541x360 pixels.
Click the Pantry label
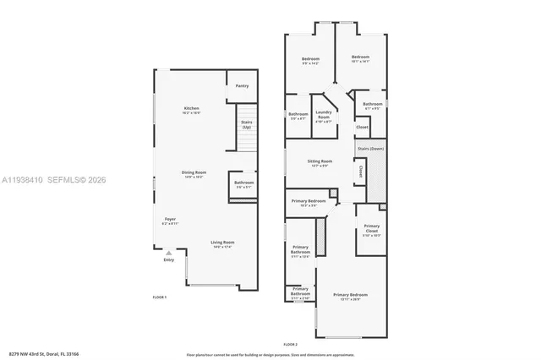pyautogui.click(x=242, y=85)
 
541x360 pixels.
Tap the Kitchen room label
pyautogui.click(x=192, y=110)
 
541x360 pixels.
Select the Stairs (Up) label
pyautogui.click(x=246, y=124)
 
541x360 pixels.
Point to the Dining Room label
pyautogui.click(x=194, y=174)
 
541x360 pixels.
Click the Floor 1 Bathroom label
pyautogui.click(x=244, y=184)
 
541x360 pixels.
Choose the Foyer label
pyautogui.click(x=171, y=221)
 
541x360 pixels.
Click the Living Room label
pyautogui.click(x=222, y=243)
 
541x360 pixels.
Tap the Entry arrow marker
pyautogui.click(x=169, y=252)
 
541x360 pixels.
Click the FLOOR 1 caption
pyautogui.click(x=160, y=297)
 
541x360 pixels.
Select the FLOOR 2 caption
pyautogui.click(x=292, y=345)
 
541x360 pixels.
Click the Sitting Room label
pyautogui.click(x=320, y=162)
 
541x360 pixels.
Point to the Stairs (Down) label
pyautogui.click(x=370, y=149)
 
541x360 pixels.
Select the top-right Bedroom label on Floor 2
pyautogui.click(x=361, y=58)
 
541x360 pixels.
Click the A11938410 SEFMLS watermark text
pyautogui.click(x=52, y=180)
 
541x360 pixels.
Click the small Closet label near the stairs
pyautogui.click(x=362, y=128)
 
